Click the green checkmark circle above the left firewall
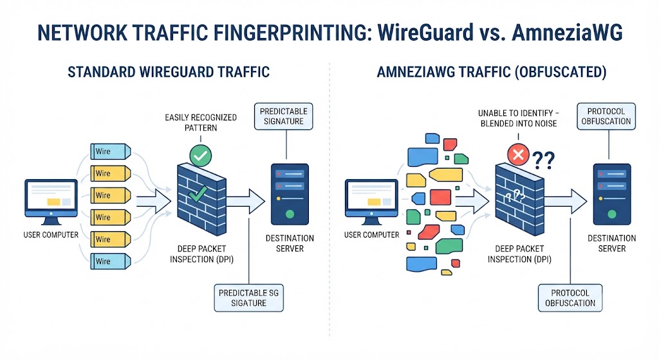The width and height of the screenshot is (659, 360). pos(201,156)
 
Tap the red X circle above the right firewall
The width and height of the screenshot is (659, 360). pos(518,155)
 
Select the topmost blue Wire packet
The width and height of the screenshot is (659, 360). pos(111,151)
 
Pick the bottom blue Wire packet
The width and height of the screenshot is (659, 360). pos(111,261)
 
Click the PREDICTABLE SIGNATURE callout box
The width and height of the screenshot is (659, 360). pos(284,116)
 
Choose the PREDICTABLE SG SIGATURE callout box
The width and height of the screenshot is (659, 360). pos(249,298)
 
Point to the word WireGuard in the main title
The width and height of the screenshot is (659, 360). pos(425,32)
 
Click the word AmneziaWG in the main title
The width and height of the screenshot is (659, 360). pos(567,32)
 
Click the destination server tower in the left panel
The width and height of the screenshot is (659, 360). pos(290,194)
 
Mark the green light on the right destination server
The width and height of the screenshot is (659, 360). pos(612,214)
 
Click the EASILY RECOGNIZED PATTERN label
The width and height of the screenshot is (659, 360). pos(201,122)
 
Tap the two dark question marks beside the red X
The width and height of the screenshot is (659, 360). pos(543,160)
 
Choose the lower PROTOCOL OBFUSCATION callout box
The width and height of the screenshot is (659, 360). pos(570,298)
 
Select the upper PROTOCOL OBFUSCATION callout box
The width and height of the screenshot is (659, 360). pos(606,116)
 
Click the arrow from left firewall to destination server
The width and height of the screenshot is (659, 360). pos(245,202)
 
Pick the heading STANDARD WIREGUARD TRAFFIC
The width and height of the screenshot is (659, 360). pos(169,72)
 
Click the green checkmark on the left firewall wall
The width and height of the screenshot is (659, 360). pos(198,194)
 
